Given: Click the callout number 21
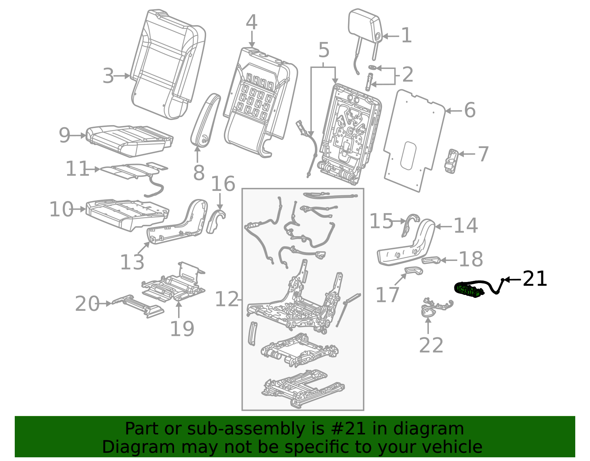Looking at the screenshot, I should (535, 279).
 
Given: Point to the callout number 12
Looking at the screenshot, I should (227, 299).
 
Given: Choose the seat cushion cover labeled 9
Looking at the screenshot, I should (129, 140).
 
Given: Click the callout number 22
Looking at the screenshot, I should (431, 346).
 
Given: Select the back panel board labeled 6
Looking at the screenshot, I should (413, 140).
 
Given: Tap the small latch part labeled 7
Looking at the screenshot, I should (451, 161).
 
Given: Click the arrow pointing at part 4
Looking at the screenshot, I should (251, 39).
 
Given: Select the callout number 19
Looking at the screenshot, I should (182, 329).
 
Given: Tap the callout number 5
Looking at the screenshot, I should (323, 50).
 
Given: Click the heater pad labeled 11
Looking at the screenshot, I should (133, 170).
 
